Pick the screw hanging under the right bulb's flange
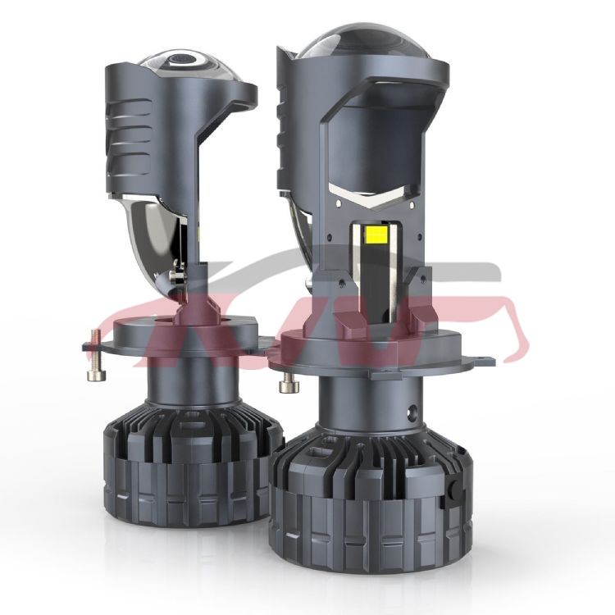[288, 385]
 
